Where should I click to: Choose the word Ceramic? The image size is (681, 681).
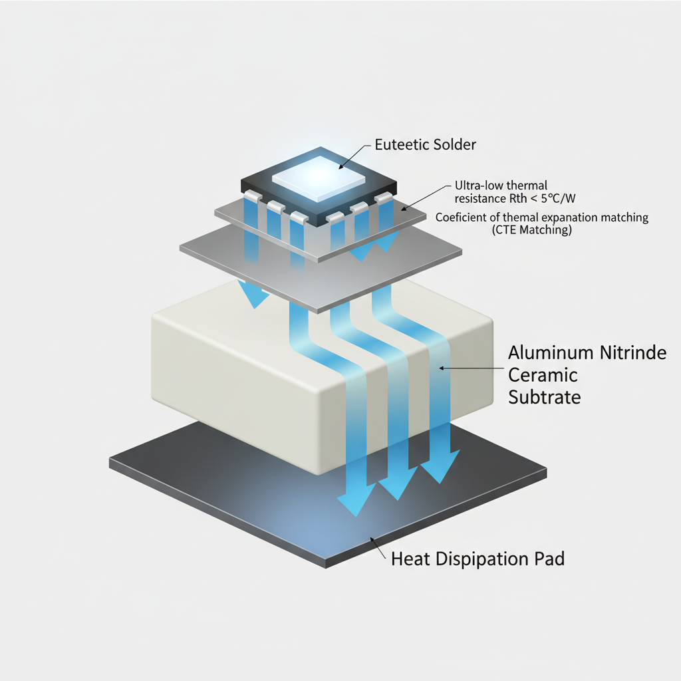click(x=543, y=375)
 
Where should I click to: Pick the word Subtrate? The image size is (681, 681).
click(x=545, y=398)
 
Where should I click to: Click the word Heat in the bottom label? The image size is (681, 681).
click(x=410, y=559)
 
